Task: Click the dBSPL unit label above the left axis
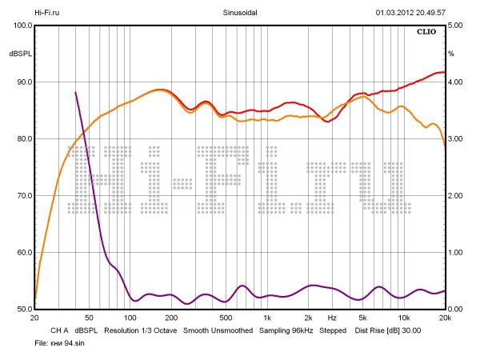coord(20,54)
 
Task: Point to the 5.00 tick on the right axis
coord(456,26)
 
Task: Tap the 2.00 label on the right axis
coord(456,196)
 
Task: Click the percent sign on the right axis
coord(451,54)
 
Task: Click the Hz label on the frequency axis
coord(331,318)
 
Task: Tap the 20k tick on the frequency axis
coord(446,318)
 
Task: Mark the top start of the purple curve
coord(75,93)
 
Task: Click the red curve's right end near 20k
coord(443,72)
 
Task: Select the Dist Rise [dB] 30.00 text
coord(388,330)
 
